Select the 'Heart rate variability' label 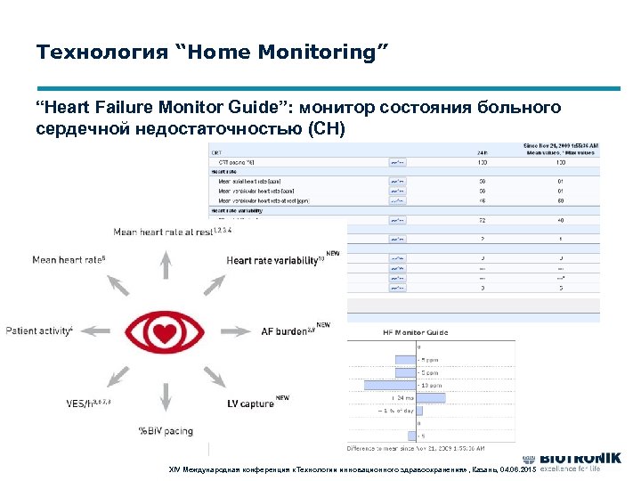click(271, 261)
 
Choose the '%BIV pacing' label click(165, 432)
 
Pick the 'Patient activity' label click(37, 331)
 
